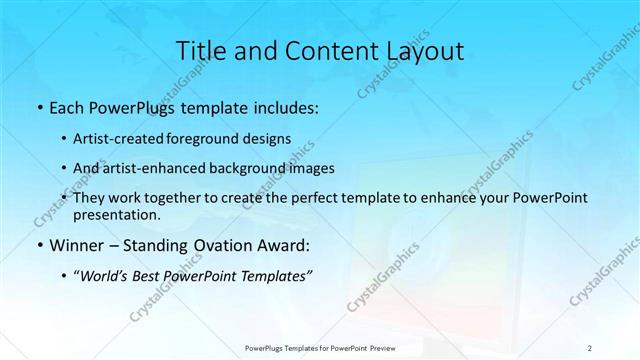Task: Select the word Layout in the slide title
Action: (x=420, y=52)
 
